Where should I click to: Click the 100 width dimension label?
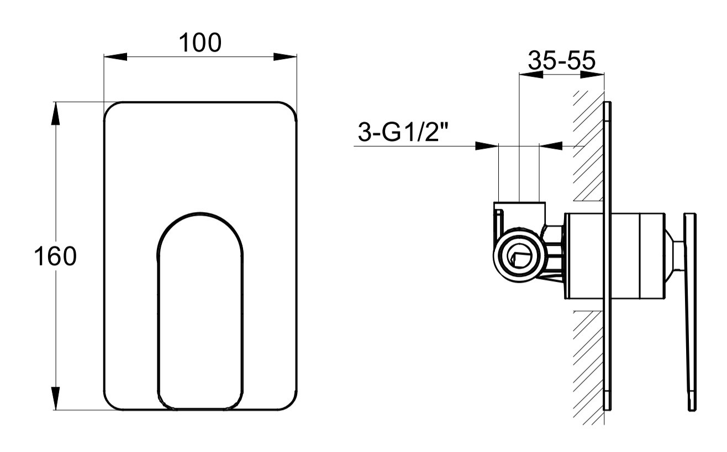pos(200,43)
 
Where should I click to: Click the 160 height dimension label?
pos(55,256)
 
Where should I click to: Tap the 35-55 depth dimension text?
pos(561,60)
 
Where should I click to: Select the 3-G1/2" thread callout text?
pos(403,132)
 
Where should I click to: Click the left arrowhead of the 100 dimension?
pos(115,57)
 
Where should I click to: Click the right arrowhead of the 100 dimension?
pos(285,57)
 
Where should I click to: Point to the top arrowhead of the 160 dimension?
pos(56,113)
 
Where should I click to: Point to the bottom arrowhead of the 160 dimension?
pos(56,398)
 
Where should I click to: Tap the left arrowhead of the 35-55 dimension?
pos(531,75)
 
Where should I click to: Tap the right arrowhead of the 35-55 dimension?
pos(592,75)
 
